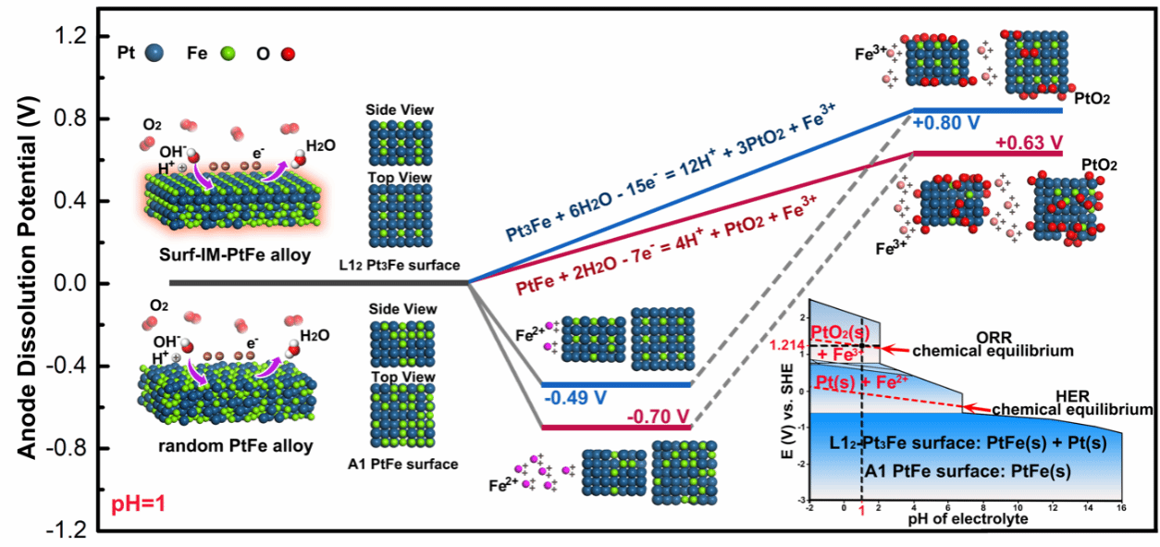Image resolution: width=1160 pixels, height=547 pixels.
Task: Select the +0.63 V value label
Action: (x=1029, y=143)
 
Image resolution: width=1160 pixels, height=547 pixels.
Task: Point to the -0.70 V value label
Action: (x=660, y=416)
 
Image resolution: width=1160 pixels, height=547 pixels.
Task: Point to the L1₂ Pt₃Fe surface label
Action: (x=401, y=266)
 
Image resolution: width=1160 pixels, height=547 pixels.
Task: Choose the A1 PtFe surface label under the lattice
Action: (x=401, y=464)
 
